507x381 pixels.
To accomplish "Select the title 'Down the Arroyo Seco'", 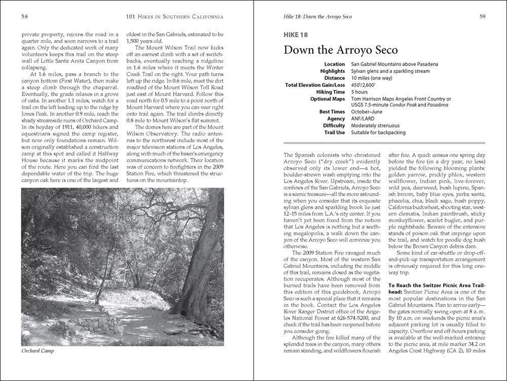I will coord(341,50).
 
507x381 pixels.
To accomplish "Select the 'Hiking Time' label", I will coord(329,92).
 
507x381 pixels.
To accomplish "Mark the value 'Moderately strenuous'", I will coord(375,125).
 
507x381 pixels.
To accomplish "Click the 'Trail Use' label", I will coord(333,133).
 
